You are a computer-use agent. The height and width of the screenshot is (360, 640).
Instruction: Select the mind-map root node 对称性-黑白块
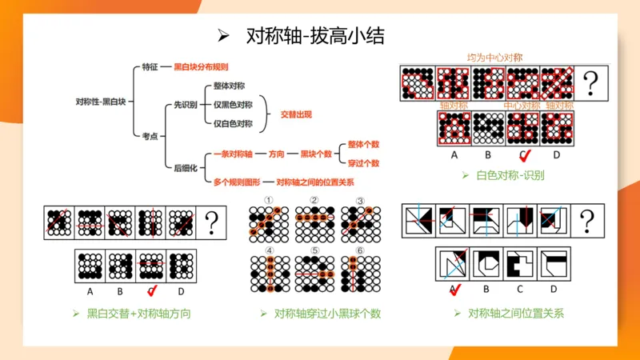coord(101,102)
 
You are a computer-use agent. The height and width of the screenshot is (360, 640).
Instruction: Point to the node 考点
coord(150,136)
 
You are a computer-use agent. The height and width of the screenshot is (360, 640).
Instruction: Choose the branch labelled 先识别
coord(186,105)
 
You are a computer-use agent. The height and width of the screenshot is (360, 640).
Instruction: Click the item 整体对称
coord(229,86)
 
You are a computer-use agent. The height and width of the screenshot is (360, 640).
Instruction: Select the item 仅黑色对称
coord(233,105)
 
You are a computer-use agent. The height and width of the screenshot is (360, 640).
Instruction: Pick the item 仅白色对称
coord(233,124)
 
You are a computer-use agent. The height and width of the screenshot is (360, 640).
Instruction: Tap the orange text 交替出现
coord(296,114)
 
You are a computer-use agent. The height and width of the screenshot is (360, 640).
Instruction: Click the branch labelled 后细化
coord(186,167)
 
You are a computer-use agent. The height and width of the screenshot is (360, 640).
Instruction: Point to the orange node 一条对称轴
coord(234,153)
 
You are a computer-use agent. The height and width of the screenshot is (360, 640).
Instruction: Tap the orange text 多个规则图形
coord(238,182)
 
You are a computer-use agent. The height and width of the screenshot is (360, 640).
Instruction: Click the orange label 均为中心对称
coord(495,58)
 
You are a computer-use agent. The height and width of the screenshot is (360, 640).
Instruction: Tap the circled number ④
coord(270,250)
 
